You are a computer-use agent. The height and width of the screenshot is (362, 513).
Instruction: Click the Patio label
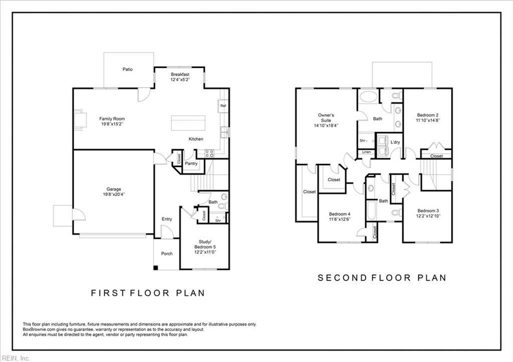pyautogui.click(x=128, y=69)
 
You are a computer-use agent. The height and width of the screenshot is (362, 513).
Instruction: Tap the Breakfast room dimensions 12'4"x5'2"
pyautogui.click(x=180, y=79)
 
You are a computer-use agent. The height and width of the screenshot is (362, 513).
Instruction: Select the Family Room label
pyautogui.click(x=112, y=119)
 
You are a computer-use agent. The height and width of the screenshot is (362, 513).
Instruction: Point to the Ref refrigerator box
pyautogui.click(x=223, y=106)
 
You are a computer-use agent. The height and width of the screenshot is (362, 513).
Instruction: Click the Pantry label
pyautogui.click(x=191, y=164)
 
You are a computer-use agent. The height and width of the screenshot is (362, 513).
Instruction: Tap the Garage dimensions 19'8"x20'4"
pyautogui.click(x=114, y=194)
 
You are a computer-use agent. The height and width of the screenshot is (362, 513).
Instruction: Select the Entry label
pyautogui.click(x=167, y=219)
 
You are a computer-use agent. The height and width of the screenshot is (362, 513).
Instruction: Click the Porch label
pyautogui.click(x=167, y=253)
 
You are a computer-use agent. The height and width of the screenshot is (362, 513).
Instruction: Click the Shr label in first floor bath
pyautogui.click(x=218, y=220)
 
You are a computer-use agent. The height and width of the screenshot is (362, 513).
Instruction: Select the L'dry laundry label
pyautogui.click(x=395, y=143)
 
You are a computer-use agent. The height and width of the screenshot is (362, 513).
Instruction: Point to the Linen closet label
pyautogui.click(x=366, y=152)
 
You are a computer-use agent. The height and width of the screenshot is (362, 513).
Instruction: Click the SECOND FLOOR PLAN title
pyautogui.click(x=382, y=277)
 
